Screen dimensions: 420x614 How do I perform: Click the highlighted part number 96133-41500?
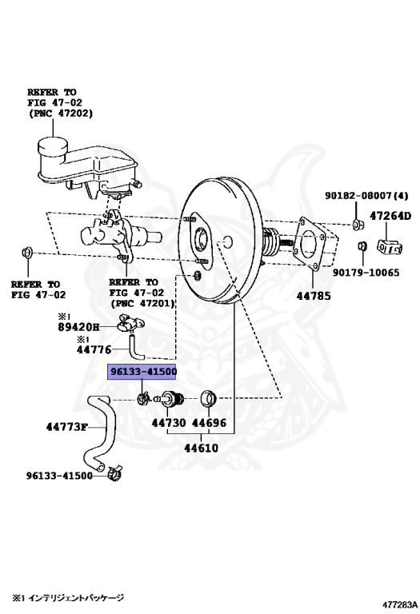click(142, 371)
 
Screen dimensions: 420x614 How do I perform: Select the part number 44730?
click(169, 422)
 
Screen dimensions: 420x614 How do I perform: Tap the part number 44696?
click(210, 422)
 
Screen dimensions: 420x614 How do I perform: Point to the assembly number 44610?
click(201, 448)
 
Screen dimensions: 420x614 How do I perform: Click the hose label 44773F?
click(66, 426)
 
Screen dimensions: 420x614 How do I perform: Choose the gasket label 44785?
click(314, 296)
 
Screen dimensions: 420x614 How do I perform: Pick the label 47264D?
click(390, 216)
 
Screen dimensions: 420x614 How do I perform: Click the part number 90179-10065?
click(366, 272)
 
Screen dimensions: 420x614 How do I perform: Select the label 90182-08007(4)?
click(366, 195)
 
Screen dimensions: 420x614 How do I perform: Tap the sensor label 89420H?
click(78, 326)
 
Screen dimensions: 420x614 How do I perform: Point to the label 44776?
click(94, 349)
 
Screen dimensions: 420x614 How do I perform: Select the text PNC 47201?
click(142, 303)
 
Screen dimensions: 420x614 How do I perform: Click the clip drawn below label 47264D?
click(390, 246)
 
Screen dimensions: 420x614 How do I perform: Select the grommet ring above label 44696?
click(209, 399)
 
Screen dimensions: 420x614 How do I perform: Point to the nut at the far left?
click(27, 253)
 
